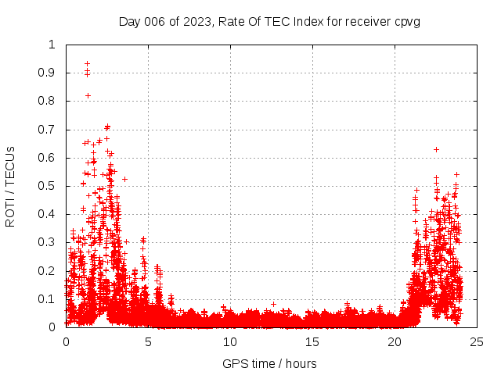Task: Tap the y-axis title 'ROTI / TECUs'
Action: (10, 186)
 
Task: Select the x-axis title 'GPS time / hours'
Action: (269, 363)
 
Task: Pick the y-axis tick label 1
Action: (52, 45)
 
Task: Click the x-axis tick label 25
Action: (477, 341)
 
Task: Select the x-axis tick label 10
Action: (230, 341)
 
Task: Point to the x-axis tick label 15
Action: (312, 341)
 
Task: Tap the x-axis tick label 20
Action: (395, 341)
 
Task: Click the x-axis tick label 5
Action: (148, 341)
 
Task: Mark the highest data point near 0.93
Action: (87, 63)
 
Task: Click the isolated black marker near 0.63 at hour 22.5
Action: (436, 149)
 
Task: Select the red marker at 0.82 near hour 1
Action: (88, 95)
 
